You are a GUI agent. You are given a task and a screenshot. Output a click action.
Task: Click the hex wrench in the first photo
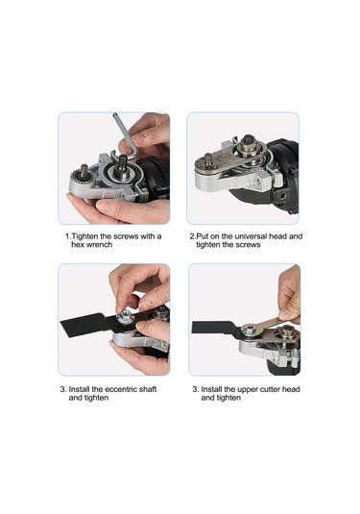126,138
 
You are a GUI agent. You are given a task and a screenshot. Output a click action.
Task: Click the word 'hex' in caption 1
78,245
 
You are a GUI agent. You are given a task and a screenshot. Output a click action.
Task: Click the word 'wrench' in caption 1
99,245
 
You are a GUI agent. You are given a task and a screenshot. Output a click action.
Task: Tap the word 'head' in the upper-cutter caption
291,389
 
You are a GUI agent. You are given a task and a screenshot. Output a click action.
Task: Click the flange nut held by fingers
125,317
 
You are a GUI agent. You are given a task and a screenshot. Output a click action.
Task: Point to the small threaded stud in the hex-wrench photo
84,172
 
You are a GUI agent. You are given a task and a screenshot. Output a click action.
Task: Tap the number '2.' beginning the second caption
193,236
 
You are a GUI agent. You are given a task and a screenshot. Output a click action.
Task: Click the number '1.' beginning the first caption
68,236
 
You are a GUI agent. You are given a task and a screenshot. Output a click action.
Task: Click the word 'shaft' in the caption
148,389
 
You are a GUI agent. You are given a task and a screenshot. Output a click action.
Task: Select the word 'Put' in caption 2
202,236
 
